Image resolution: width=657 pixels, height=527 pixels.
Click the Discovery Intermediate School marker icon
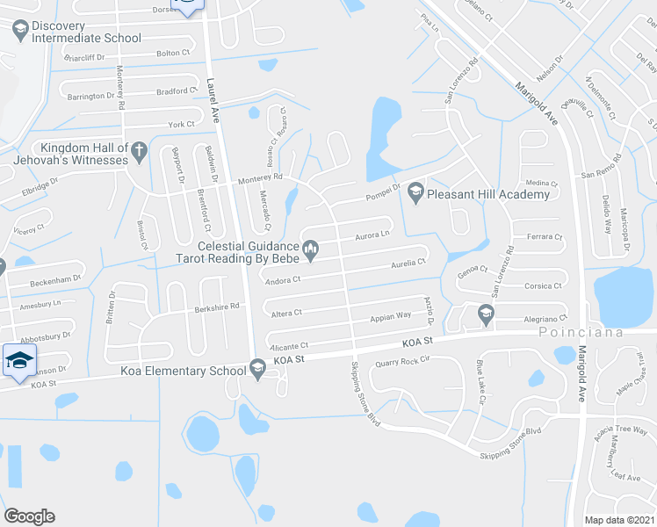(x=19, y=31)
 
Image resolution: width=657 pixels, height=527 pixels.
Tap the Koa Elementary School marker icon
(x=257, y=370)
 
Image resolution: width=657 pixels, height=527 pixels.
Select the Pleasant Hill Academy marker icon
(x=415, y=193)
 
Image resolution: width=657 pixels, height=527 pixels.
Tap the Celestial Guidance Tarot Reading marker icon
(x=309, y=253)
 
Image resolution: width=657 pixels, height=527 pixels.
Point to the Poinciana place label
(x=570, y=333)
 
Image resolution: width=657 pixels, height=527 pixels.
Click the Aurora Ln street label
(x=372, y=235)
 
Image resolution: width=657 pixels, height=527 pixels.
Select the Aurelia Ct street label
(x=408, y=263)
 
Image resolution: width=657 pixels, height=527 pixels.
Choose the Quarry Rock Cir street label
(x=401, y=360)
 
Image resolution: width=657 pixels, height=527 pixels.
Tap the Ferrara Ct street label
(x=544, y=237)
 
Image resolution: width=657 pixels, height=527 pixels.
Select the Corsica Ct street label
(x=544, y=286)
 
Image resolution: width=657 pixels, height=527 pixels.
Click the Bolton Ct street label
(x=173, y=54)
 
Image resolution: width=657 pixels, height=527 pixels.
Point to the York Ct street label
(x=181, y=126)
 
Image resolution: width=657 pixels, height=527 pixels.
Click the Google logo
(x=29, y=516)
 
